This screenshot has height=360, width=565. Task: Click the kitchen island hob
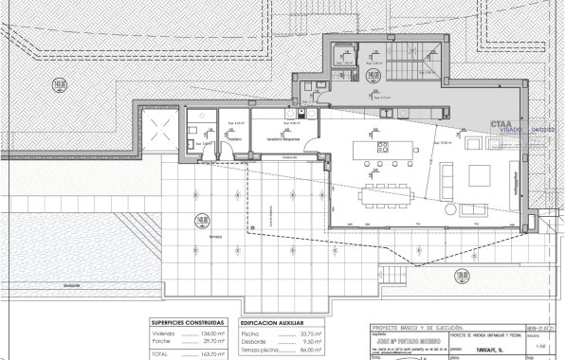click(x=384, y=147)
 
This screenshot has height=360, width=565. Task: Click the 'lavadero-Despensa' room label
click(x=282, y=138)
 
